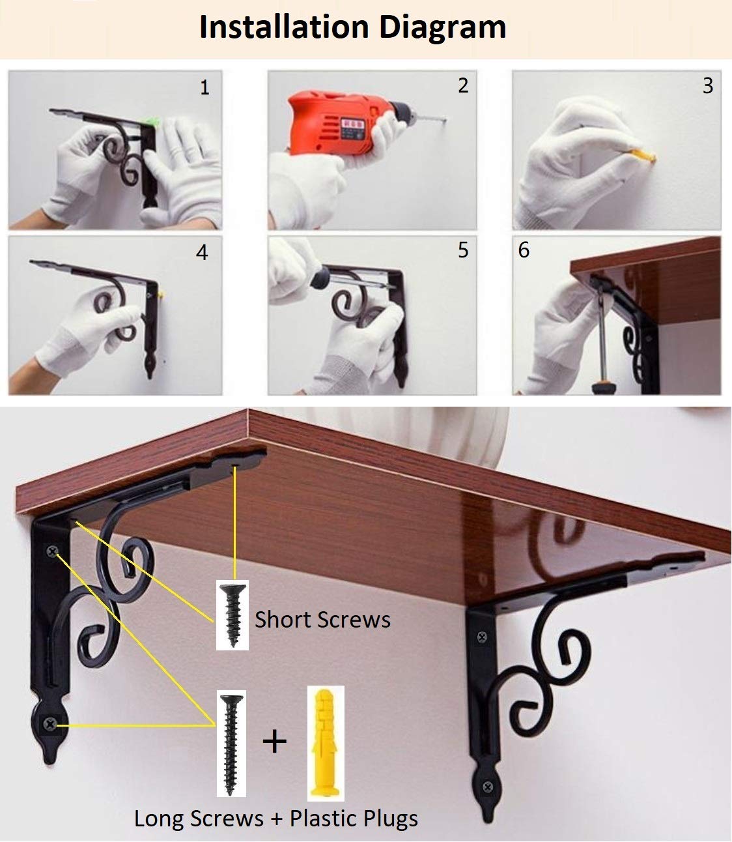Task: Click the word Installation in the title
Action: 284,27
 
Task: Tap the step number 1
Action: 204,88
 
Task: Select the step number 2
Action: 464,85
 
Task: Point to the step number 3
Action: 708,85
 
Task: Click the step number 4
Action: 202,252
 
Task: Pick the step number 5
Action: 463,250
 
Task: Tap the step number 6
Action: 524,250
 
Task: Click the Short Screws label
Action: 322,620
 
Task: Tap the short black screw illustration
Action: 232,615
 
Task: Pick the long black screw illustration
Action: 231,745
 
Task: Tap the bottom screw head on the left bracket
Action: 50,723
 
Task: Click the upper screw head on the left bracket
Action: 52,551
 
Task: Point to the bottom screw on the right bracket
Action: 488,787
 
